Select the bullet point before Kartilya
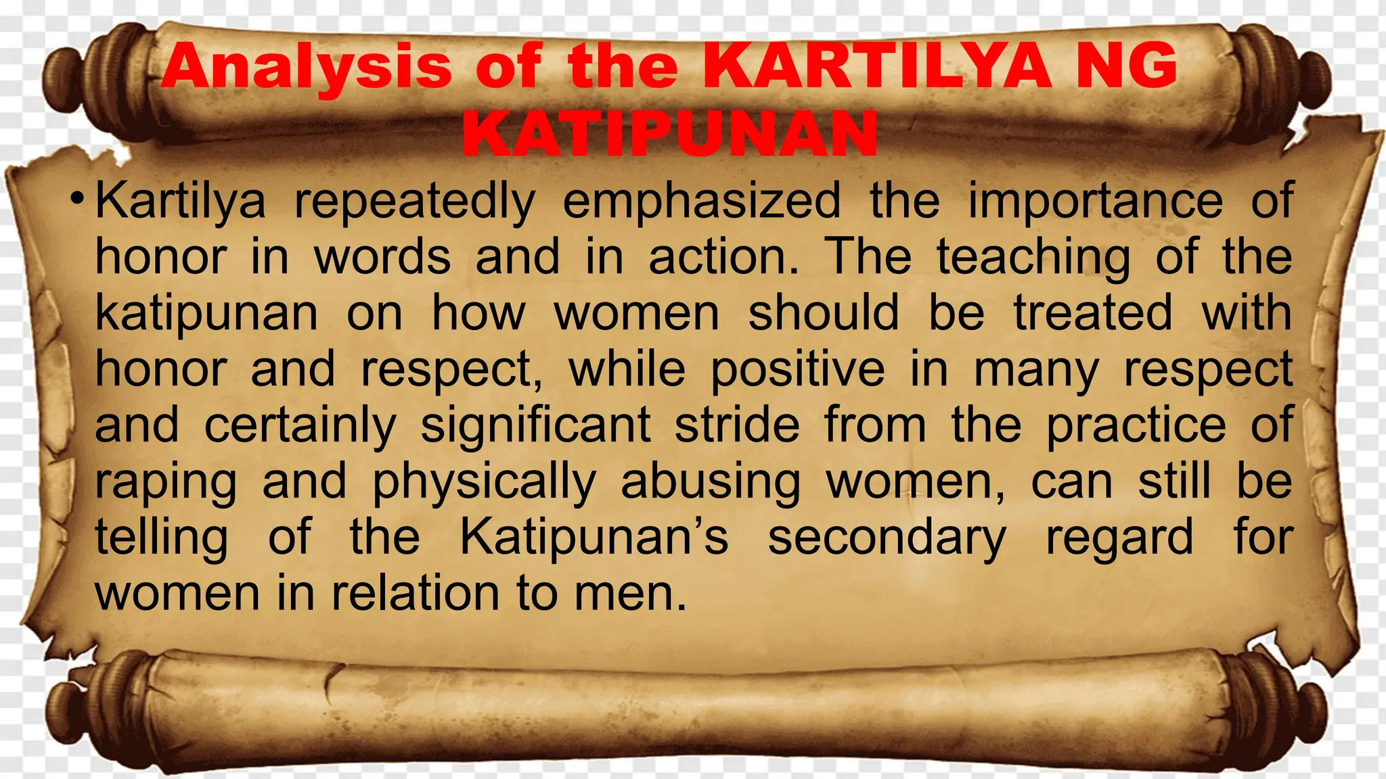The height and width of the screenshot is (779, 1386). pyautogui.click(x=79, y=199)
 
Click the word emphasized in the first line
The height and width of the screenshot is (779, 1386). pyautogui.click(x=702, y=201)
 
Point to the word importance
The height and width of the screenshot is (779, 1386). pyautogui.click(x=1095, y=201)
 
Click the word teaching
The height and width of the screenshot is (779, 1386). pyautogui.click(x=1033, y=257)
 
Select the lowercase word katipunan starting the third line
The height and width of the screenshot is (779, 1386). pyautogui.click(x=206, y=313)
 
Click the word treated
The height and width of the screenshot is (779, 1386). pyautogui.click(x=1092, y=313)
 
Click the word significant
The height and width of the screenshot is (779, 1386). pyautogui.click(x=535, y=425)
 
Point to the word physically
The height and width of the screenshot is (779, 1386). pyautogui.click(x=484, y=482)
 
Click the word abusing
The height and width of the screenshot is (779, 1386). pyautogui.click(x=711, y=482)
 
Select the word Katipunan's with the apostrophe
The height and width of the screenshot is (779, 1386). pyautogui.click(x=594, y=538)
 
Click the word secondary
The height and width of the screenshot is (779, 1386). pyautogui.click(x=887, y=538)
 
